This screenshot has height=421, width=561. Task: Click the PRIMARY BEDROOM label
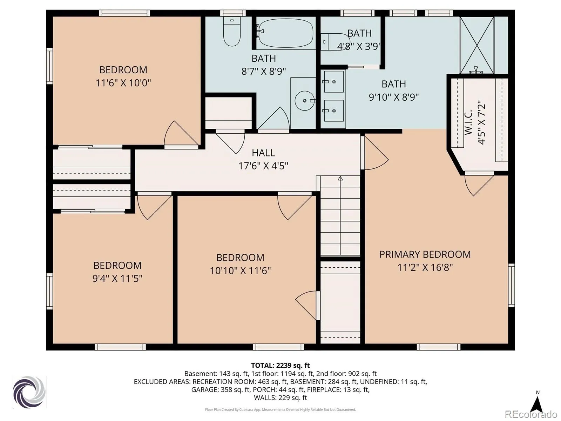[425, 254]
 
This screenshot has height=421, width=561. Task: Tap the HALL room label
[263, 153]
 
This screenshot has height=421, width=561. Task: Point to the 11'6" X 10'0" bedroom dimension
[123, 83]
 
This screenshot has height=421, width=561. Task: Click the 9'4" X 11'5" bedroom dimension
[117, 278]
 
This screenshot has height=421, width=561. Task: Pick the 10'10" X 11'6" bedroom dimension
[240, 270]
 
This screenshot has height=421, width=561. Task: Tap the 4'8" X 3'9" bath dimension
[359, 47]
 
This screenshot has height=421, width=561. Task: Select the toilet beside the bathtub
[232, 32]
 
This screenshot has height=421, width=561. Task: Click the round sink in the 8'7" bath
[305, 101]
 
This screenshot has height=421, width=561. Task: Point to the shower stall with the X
[477, 45]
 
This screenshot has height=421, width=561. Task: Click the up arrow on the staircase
[340, 178]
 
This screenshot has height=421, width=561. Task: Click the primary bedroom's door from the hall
[375, 153]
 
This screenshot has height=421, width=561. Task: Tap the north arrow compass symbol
[538, 405]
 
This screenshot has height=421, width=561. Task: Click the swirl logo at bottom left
[29, 392]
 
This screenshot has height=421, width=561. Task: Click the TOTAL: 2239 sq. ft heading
[280, 366]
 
